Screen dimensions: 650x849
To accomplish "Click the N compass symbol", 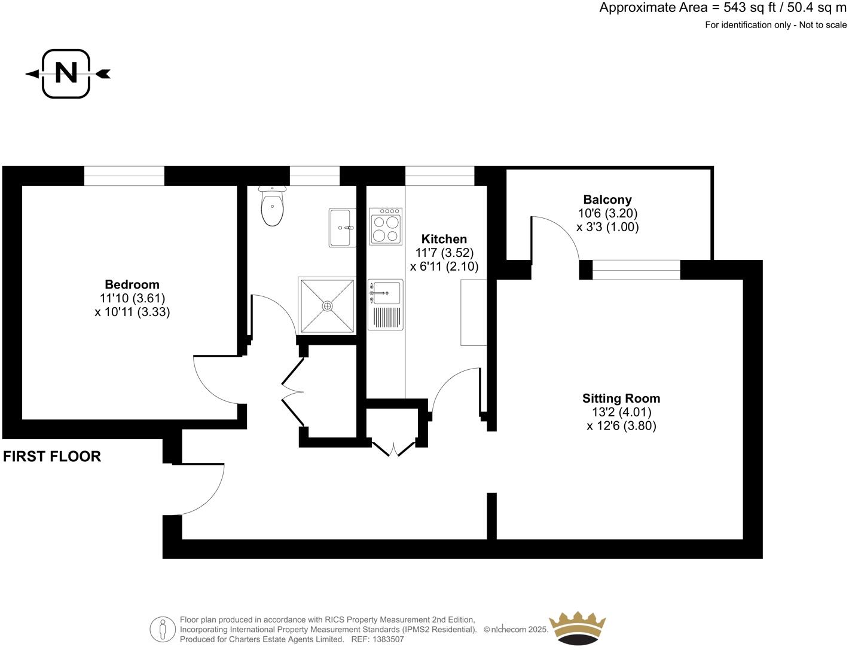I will (66, 73).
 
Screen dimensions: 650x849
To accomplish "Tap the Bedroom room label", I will (132, 284).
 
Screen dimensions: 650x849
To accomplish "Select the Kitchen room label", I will (444, 239).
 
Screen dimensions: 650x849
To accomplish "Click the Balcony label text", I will (607, 200).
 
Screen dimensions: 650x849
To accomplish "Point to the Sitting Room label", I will (621, 398).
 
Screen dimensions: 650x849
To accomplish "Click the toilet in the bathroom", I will (272, 207).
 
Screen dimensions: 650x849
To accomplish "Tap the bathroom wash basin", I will (343, 228).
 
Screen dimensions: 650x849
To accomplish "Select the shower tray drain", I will (327, 306).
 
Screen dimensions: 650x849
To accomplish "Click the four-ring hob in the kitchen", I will (386, 226).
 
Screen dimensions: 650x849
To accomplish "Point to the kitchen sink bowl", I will (386, 292).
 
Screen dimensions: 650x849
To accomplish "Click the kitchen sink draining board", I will (386, 317).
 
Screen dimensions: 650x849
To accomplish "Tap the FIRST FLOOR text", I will (52, 456).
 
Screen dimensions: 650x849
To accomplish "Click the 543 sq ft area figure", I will (747, 8).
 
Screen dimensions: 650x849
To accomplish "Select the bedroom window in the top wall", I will (124, 176).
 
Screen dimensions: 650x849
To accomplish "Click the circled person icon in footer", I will (163, 629).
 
